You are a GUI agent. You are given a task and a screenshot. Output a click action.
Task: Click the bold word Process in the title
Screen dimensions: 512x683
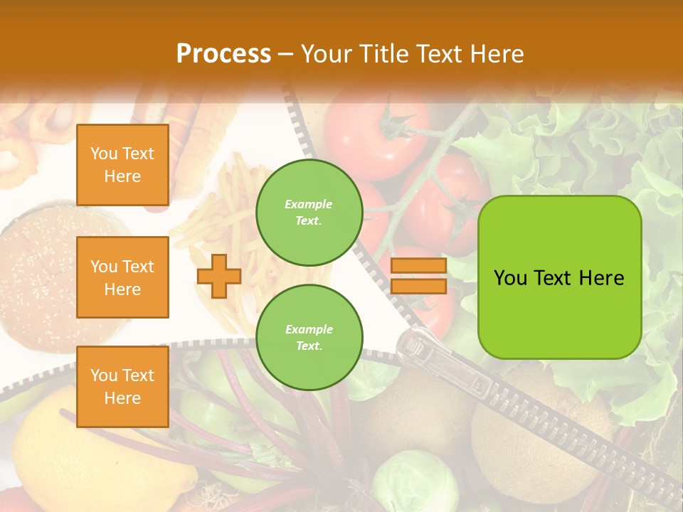(x=223, y=54)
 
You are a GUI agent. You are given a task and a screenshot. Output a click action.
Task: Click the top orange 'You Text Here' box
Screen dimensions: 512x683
(x=122, y=165)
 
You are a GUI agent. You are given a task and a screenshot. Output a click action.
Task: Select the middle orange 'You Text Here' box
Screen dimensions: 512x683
(x=122, y=277)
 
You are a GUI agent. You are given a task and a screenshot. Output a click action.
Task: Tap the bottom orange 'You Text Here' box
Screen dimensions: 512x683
(x=122, y=387)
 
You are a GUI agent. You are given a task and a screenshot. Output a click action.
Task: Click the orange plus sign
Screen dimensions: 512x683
(x=219, y=276)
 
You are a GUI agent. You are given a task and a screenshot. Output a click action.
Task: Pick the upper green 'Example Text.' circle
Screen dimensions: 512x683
(x=309, y=213)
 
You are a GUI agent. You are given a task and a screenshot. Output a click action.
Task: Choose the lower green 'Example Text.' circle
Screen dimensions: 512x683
(x=309, y=338)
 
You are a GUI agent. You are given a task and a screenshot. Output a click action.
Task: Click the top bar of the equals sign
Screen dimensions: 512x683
(x=418, y=266)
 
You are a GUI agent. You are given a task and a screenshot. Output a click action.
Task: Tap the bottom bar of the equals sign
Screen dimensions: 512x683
(x=418, y=286)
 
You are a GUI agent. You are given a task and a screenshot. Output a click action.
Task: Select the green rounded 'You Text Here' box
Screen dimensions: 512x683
(x=559, y=277)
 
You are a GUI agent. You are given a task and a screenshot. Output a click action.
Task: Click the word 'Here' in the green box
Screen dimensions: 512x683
(x=601, y=278)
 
